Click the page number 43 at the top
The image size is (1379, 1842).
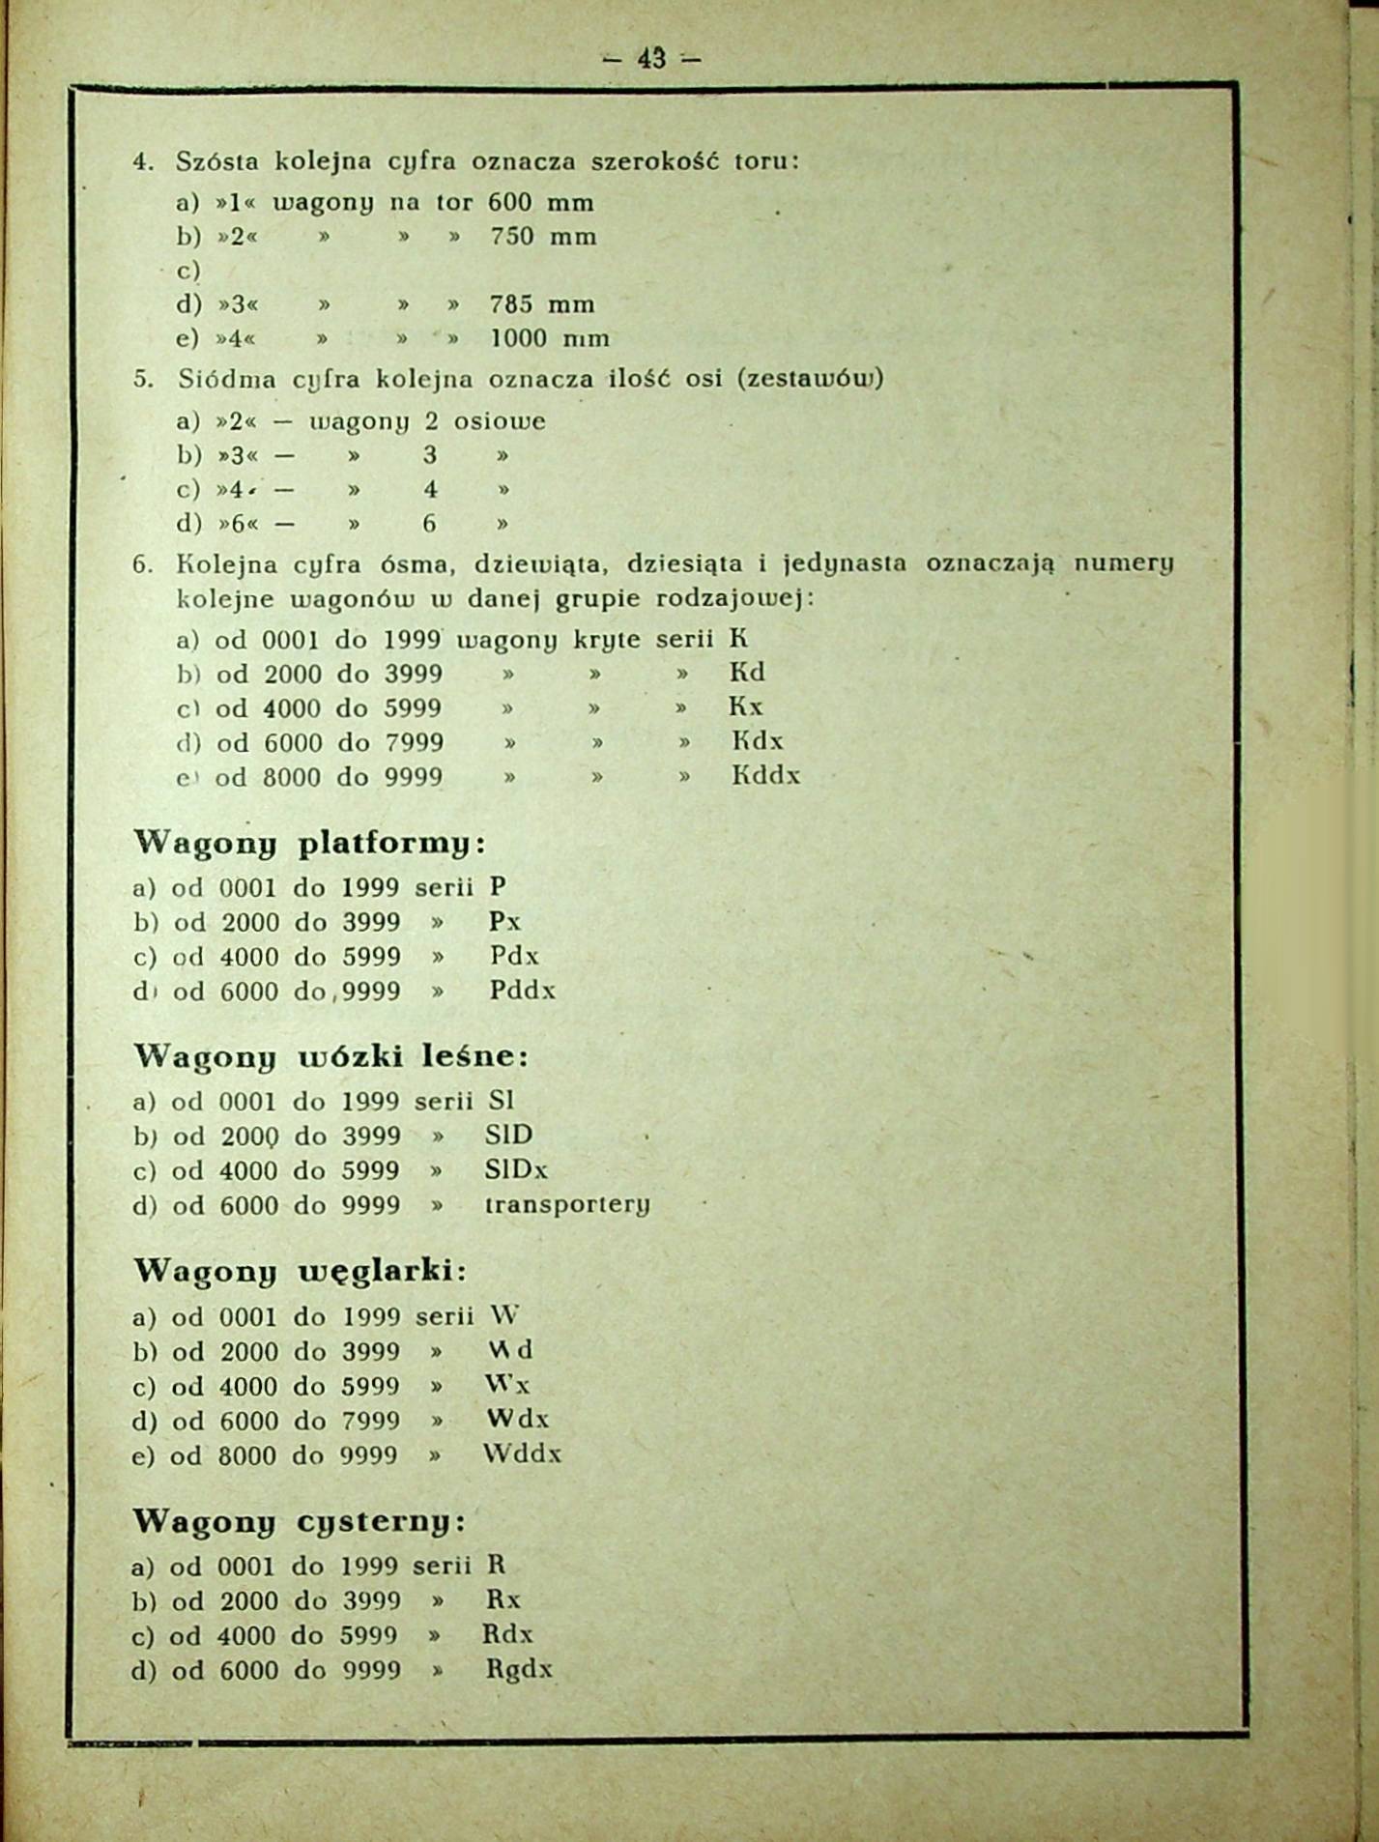[x=651, y=59]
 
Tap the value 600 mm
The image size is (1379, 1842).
[x=540, y=203]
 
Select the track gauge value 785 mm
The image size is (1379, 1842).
[x=541, y=304]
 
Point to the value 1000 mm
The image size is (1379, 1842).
[x=550, y=339]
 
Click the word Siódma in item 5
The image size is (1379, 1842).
[x=227, y=380]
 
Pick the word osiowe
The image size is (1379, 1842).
[x=500, y=421]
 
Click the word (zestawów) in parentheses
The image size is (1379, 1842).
[x=810, y=379]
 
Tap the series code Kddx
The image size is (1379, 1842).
[x=765, y=776]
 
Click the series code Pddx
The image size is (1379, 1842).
[x=522, y=991]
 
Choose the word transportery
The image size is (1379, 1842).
[x=566, y=1206]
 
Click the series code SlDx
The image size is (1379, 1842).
[x=516, y=1170]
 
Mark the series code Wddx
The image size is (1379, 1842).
[x=522, y=1454]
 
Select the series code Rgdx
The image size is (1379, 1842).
[x=519, y=1670]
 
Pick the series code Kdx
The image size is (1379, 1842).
[x=757, y=741]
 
